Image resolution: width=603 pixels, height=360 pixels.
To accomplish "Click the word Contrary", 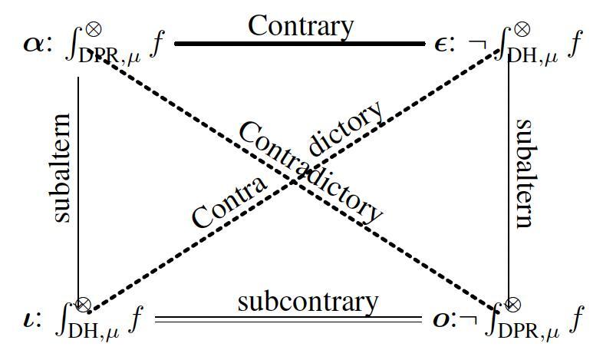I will pos(300,25).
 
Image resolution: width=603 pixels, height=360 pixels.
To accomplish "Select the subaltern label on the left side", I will pos(62,168).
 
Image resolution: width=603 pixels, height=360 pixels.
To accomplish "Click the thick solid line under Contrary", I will pos(300,44).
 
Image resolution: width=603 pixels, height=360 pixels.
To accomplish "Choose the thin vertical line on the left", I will pos(79,184).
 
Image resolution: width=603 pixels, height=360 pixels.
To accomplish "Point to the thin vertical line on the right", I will pos(509,184).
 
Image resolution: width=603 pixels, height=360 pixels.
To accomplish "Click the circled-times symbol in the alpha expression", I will pos(94,28).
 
